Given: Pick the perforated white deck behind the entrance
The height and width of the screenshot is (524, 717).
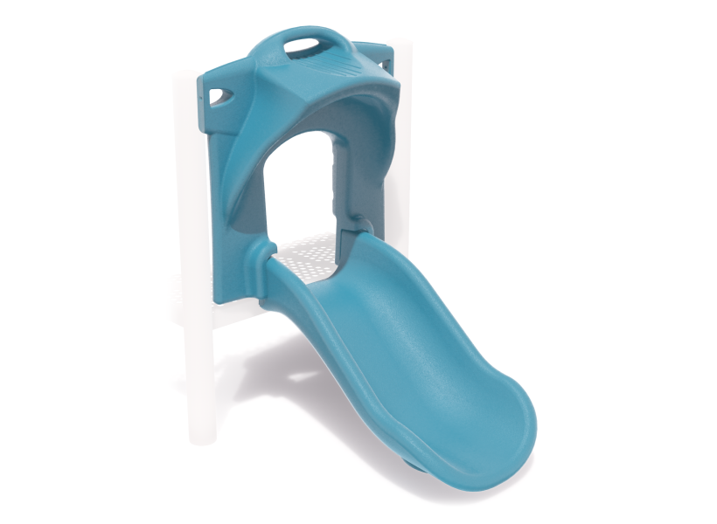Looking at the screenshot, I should (x=306, y=253).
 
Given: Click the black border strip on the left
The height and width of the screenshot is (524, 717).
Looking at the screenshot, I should (x=48, y=262).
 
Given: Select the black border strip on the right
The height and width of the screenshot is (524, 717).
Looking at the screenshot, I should (x=669, y=262).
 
